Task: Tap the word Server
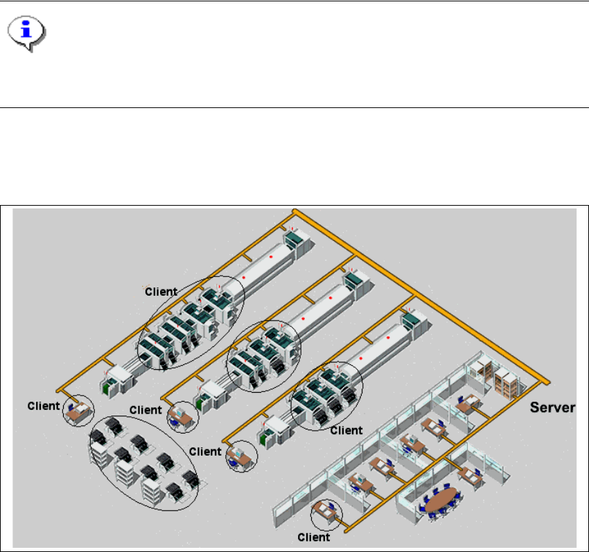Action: click(552, 407)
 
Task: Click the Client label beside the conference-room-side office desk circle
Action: click(314, 537)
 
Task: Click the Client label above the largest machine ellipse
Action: click(161, 291)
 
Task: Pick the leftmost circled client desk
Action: click(78, 411)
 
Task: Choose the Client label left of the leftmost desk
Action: click(44, 406)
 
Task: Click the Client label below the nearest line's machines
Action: click(346, 430)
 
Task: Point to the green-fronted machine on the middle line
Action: click(203, 403)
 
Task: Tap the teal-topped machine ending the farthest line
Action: click(299, 240)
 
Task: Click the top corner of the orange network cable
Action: click(294, 210)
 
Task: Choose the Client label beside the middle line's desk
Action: click(146, 410)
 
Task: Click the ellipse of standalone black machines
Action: click(144, 462)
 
